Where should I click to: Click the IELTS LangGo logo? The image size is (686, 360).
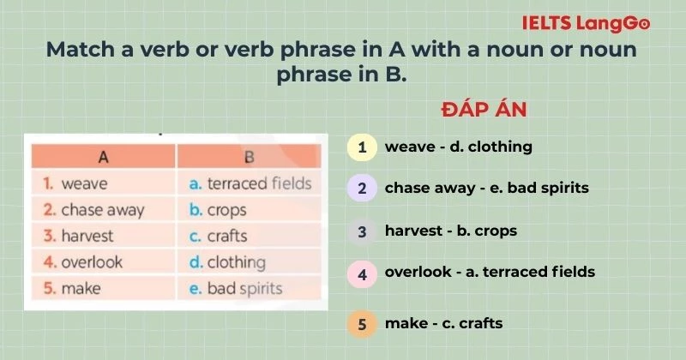click(x=598, y=23)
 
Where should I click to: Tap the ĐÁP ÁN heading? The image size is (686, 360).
click(x=484, y=110)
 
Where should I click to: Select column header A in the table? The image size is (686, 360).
click(x=103, y=157)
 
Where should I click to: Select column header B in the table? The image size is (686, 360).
click(x=249, y=157)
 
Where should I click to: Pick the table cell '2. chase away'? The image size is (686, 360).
click(x=102, y=209)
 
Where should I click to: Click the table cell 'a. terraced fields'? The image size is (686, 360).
click(x=250, y=183)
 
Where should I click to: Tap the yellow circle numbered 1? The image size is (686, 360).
click(x=362, y=147)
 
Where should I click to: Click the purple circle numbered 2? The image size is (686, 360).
click(x=362, y=188)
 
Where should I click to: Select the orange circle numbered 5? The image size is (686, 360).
click(x=362, y=324)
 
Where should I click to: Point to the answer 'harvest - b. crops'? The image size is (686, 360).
click(x=450, y=231)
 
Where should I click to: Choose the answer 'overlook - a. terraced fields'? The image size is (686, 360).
click(x=490, y=273)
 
